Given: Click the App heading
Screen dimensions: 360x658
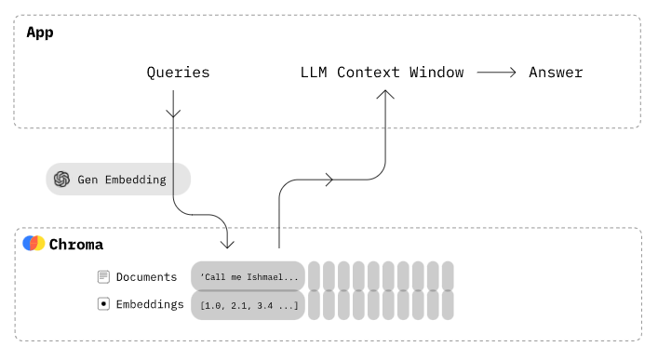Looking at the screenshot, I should click(40, 33).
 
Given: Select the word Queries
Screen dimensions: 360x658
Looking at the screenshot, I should click(178, 73).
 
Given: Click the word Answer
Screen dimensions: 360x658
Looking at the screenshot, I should click(556, 73).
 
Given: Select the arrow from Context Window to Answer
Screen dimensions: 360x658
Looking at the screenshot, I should click(495, 73).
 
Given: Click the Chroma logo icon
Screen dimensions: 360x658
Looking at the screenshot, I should click(34, 245).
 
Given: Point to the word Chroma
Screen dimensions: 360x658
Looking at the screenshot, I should click(75, 245).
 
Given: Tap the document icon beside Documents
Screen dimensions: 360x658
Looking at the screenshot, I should click(104, 276).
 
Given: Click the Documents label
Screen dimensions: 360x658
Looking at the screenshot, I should click(146, 276).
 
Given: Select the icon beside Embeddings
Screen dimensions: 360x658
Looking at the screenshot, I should click(104, 304).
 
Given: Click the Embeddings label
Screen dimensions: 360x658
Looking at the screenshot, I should click(150, 304).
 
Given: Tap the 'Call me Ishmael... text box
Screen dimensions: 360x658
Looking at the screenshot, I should click(248, 276).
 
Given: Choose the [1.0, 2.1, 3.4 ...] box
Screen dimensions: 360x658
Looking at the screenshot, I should click(248, 304).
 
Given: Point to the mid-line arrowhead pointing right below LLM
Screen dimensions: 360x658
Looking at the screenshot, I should click(327, 180).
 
